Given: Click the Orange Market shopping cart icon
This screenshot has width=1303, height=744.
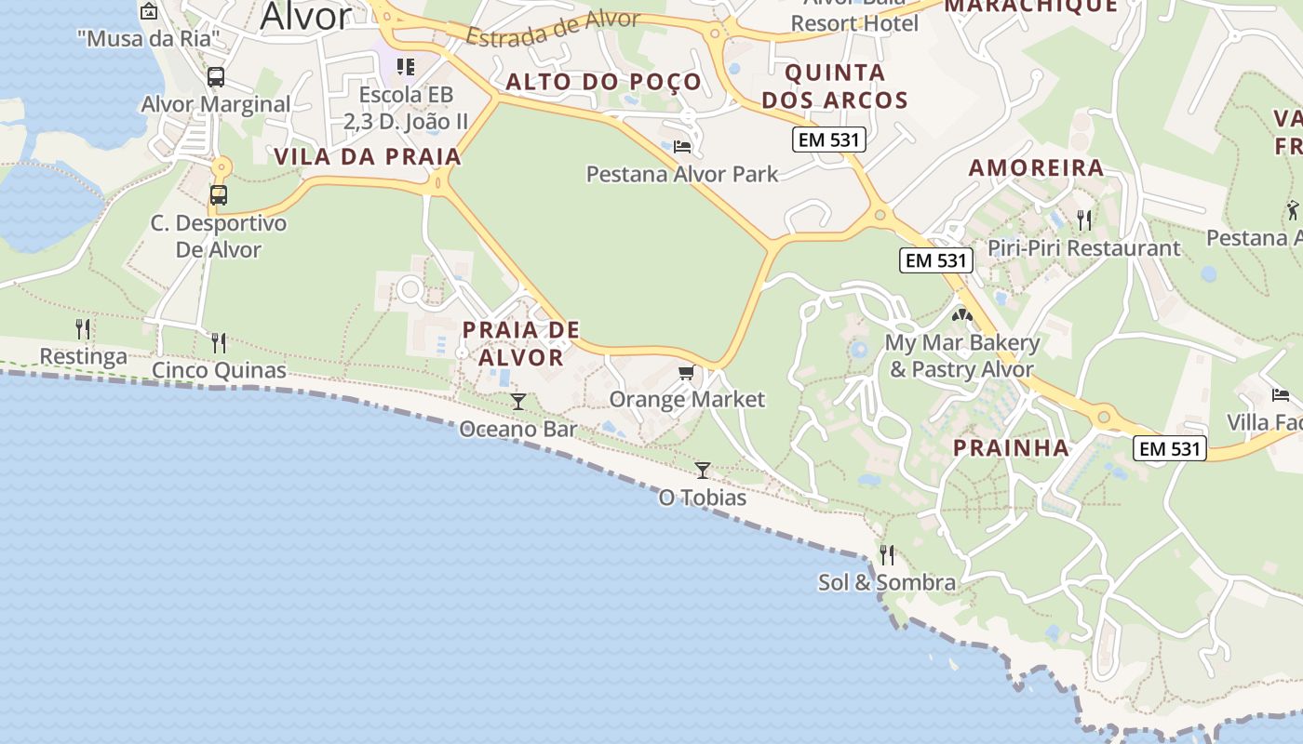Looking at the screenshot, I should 686,373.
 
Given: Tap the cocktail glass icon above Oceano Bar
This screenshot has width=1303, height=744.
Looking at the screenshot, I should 518,402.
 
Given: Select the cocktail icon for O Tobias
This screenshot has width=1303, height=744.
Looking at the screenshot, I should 703,471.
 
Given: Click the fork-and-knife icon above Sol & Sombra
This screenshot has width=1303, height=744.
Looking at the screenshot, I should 887,555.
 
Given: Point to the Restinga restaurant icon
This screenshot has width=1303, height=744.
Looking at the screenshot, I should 83,329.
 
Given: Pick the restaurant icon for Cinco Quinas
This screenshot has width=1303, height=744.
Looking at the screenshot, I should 219,343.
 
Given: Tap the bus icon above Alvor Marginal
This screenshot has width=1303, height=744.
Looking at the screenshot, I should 216,77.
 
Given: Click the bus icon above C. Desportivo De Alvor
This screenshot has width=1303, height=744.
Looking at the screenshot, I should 219,195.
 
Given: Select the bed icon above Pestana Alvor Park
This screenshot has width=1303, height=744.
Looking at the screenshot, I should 682,146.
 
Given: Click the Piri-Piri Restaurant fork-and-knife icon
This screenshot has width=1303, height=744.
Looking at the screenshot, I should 1083,220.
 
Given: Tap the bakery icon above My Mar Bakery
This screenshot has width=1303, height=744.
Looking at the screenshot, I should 961,315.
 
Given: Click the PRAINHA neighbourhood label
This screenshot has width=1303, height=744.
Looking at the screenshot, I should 1012,448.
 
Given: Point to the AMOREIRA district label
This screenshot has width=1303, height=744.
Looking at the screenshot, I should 1036,168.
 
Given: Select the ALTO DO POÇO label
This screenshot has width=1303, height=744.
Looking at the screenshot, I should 603,82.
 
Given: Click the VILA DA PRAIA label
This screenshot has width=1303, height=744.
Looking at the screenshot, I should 368,156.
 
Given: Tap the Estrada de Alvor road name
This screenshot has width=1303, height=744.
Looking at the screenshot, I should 553,28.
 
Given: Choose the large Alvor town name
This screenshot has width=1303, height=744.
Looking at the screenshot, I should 305,17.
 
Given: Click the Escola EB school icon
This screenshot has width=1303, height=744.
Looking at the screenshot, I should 406,67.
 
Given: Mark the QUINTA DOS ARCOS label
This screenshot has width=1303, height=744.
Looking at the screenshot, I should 835,86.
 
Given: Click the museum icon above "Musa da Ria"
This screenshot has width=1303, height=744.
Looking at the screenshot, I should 149,11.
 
